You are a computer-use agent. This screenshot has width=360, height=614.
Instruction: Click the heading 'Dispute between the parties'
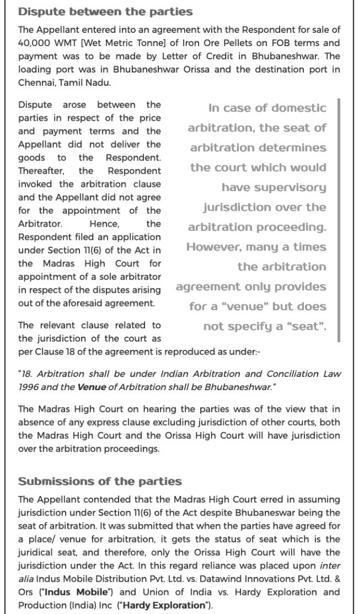point(105,12)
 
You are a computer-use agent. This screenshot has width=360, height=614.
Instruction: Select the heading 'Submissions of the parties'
point(100,482)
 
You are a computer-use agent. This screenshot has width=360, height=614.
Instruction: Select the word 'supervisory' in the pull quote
point(274,187)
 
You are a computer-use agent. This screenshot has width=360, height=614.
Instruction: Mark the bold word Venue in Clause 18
point(91,387)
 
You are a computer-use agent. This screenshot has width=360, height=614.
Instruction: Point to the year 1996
point(28,387)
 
